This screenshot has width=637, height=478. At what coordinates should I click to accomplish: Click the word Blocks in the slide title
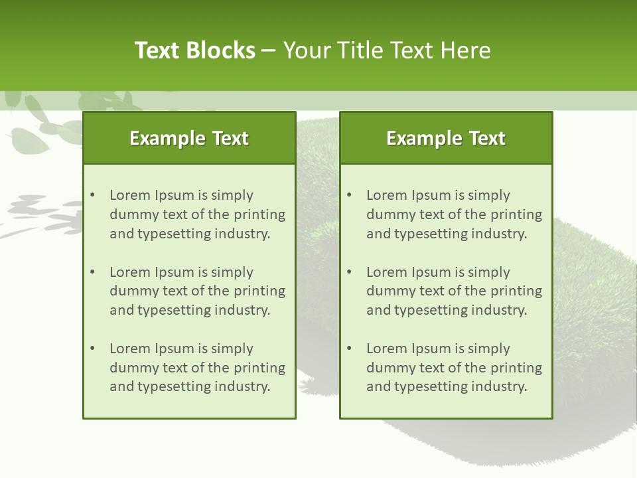222,50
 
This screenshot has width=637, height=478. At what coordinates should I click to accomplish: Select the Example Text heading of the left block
189,138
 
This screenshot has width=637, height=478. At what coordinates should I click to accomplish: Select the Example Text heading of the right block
446,138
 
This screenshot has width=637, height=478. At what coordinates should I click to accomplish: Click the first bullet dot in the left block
93,195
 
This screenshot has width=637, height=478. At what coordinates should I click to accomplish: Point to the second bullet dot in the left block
93,272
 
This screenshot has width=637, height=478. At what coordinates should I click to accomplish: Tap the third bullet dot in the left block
93,349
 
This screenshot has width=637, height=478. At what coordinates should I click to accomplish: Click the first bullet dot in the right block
350,195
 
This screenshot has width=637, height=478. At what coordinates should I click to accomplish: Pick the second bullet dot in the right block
350,272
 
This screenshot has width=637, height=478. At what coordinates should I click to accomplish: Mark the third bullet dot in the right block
350,349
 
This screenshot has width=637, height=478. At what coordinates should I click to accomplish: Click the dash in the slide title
269,50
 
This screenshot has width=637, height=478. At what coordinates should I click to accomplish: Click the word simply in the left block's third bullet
233,349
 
